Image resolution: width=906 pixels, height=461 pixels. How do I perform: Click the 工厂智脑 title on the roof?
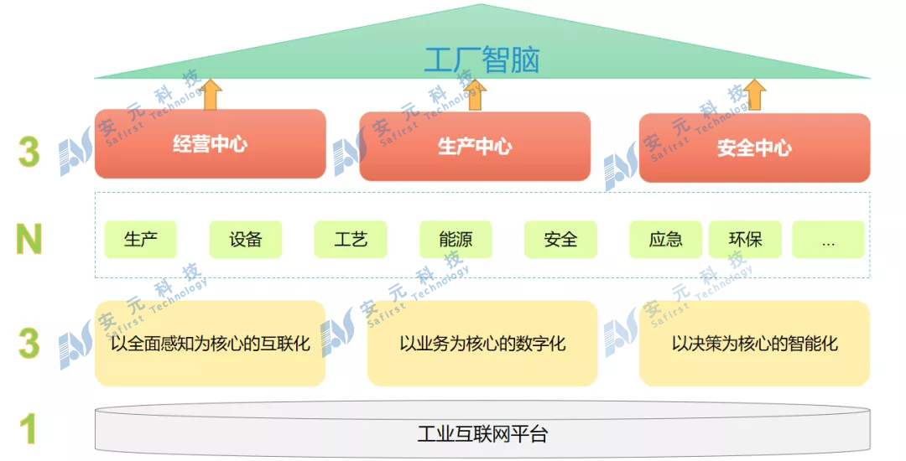482,60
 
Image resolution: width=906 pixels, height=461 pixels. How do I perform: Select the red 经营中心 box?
210,144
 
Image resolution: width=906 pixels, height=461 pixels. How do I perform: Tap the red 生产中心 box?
475,147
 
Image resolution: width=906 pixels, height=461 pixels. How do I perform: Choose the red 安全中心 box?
754,148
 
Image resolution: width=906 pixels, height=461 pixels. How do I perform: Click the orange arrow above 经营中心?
210,95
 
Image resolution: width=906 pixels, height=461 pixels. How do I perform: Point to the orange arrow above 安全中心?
755,95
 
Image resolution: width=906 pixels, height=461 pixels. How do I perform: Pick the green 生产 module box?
141,240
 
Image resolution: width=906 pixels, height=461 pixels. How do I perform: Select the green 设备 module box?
246,240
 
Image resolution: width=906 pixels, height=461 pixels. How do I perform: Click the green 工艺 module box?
351,240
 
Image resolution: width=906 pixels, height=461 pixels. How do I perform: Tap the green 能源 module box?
456,240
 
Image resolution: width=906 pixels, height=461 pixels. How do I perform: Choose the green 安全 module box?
560,240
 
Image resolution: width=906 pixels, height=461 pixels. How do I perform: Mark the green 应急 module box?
665,240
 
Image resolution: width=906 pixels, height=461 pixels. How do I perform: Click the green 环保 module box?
745,240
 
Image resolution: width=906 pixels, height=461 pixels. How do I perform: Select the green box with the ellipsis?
828,240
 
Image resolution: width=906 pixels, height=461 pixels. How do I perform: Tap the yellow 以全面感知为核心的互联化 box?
210,344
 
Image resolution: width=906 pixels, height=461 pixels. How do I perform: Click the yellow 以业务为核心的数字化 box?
482,344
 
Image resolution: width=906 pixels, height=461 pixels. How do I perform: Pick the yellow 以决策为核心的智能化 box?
754,344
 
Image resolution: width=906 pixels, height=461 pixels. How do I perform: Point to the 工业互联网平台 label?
482,434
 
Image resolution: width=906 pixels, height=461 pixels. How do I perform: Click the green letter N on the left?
29,240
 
